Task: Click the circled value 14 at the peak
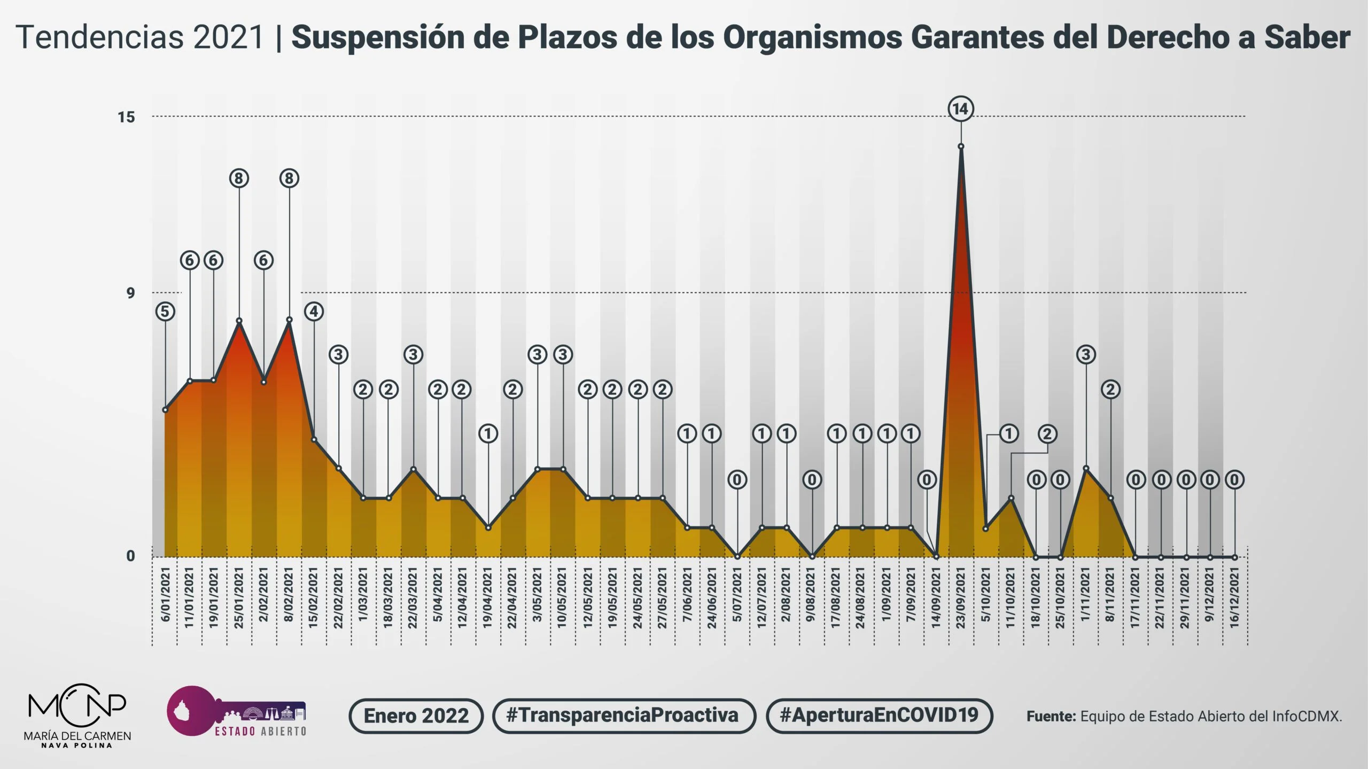click(961, 109)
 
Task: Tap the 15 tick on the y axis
click(127, 117)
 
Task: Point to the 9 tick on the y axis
click(130, 293)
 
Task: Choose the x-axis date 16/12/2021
click(1234, 597)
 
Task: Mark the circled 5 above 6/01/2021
click(166, 312)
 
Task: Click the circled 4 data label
click(314, 312)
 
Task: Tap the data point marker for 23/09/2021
click(961, 146)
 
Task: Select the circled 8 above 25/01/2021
click(239, 178)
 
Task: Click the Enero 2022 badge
click(416, 716)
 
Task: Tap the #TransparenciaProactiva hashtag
click(623, 716)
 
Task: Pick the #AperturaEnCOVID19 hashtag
click(879, 716)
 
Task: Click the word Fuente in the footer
click(1051, 716)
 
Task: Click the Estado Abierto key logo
click(236, 711)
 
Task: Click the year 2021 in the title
click(229, 37)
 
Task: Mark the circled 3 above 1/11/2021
click(1085, 354)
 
